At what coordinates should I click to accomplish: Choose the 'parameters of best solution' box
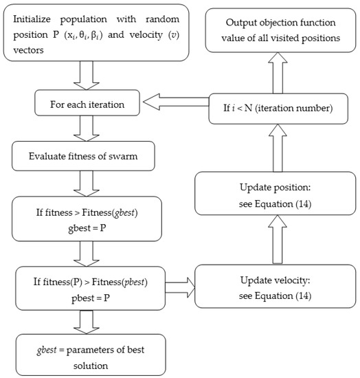point(91,353)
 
